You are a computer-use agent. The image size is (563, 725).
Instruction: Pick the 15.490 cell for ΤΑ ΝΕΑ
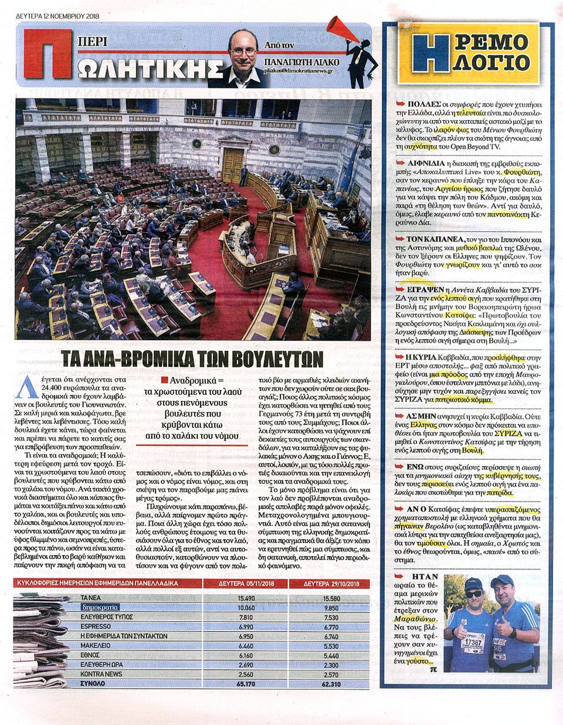[246, 598]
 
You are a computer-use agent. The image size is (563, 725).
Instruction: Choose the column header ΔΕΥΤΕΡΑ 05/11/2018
[246, 584]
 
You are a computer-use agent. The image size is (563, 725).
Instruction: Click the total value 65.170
[246, 683]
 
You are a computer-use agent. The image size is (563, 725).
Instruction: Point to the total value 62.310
[331, 683]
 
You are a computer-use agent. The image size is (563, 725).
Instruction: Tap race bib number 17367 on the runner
[473, 642]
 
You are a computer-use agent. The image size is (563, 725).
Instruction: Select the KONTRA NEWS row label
[101, 674]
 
